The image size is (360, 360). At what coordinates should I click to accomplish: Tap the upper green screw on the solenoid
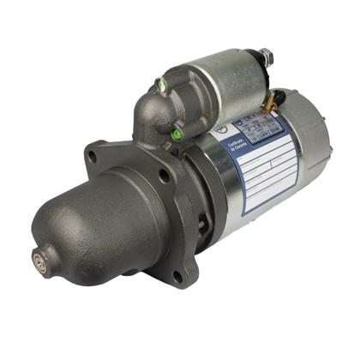[x=160, y=84]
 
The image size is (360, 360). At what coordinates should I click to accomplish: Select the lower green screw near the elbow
[x=175, y=133]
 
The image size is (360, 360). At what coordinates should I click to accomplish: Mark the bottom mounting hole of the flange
[x=177, y=273]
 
